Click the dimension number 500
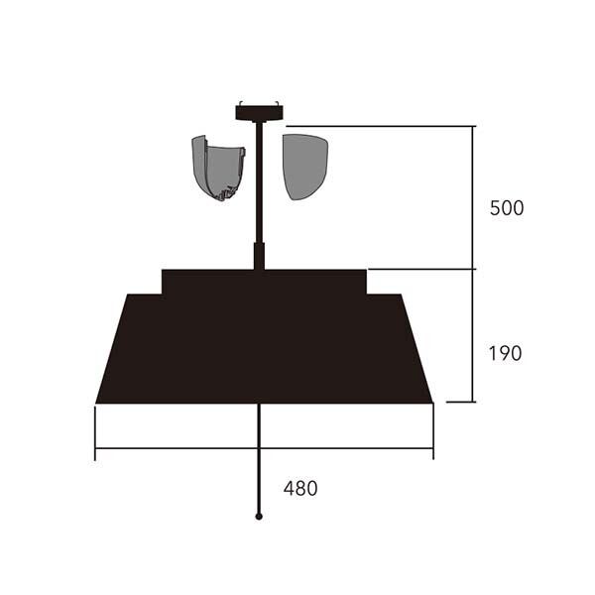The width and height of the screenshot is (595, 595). coord(507,208)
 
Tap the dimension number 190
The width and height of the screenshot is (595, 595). coord(505,353)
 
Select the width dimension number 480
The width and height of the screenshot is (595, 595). coord(300,488)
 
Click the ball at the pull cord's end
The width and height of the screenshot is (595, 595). coord(259,517)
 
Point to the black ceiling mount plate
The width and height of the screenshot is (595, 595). coord(260,113)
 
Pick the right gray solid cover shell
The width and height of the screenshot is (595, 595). coord(304,167)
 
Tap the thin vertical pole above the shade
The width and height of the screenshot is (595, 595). coord(259,182)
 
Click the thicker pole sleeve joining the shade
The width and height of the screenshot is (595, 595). coord(259,256)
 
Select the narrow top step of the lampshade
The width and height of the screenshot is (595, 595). coord(264,282)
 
